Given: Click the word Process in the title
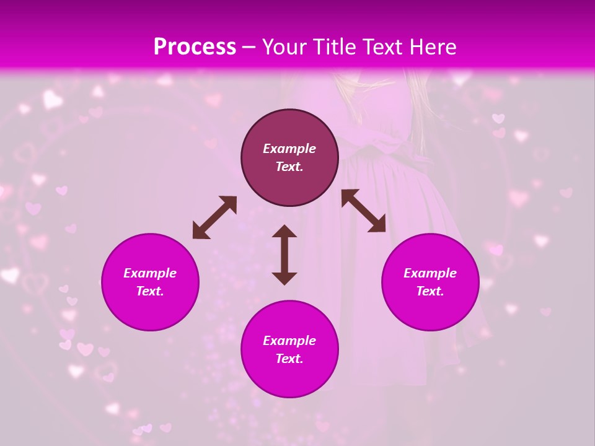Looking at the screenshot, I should (x=195, y=47).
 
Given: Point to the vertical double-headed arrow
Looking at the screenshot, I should (x=284, y=255).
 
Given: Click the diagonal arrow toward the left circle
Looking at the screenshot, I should (x=214, y=217).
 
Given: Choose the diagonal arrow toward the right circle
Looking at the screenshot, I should (x=364, y=211).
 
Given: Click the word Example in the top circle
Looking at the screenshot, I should (x=289, y=149).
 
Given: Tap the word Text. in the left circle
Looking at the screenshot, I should (x=150, y=291).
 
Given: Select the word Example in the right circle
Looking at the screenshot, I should (x=430, y=273).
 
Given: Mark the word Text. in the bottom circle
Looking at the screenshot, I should (x=289, y=359).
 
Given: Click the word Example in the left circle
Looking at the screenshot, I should (x=150, y=273).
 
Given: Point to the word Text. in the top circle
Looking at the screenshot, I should (x=289, y=167).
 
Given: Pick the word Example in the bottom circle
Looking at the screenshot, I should (x=289, y=341).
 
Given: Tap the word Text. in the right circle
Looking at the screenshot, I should (x=430, y=291).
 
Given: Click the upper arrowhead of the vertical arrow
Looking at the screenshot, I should (x=284, y=232).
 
